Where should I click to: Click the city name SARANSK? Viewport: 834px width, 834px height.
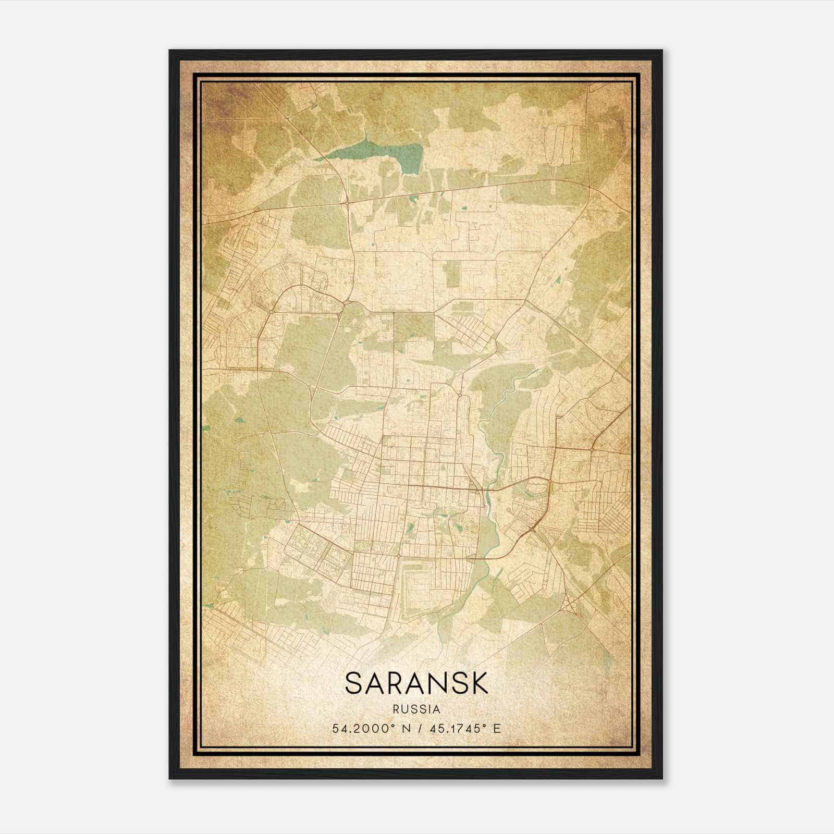[416, 683]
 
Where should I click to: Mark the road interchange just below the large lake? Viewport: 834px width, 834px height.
[346, 201]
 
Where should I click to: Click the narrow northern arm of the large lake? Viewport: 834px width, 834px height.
[365, 139]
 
